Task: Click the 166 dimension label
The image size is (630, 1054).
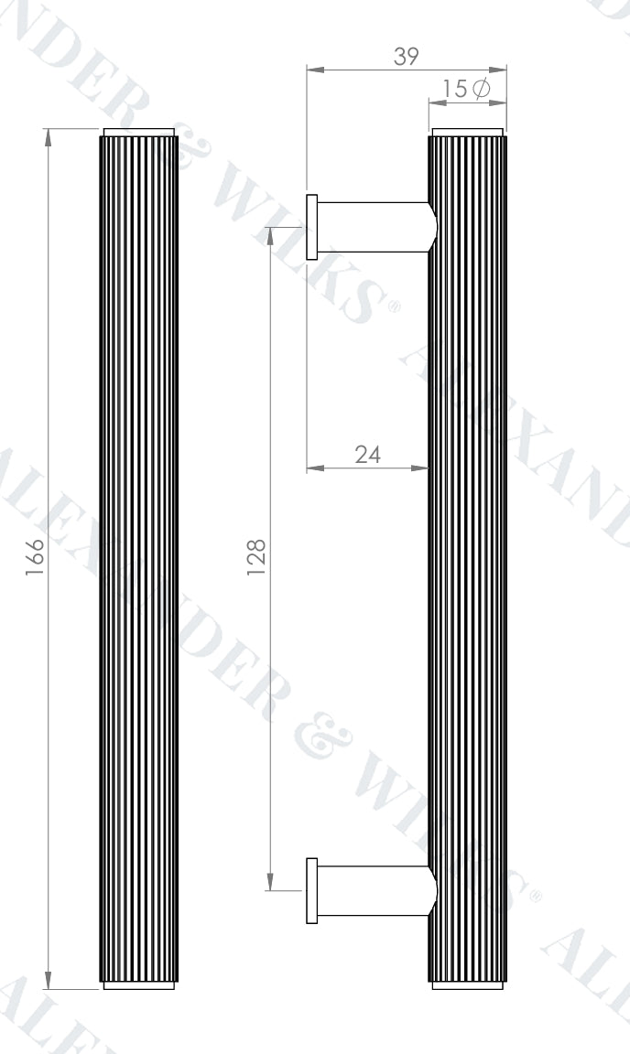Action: [35, 557]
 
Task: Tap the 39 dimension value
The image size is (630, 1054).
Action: [406, 57]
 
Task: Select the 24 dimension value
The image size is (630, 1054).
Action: [367, 455]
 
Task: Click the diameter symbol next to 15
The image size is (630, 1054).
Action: [481, 89]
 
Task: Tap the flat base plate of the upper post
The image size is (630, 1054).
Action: [312, 227]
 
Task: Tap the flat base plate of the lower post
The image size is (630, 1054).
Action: [312, 890]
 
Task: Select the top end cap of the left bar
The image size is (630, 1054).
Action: [138, 133]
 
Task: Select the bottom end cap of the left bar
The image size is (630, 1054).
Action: [138, 985]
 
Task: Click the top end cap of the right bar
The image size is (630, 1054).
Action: [467, 133]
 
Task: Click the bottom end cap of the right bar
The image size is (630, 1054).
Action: [467, 985]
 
